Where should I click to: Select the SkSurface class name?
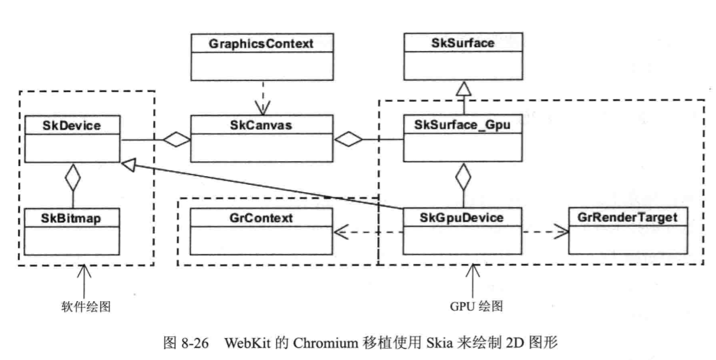click(x=463, y=43)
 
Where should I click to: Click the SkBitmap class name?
click(x=71, y=217)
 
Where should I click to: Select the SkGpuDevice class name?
click(x=463, y=217)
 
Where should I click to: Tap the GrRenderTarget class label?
click(x=627, y=217)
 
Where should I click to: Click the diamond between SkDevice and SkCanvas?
click(x=176, y=140)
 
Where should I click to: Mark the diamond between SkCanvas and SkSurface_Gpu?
click(x=348, y=140)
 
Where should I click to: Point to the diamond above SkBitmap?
click(x=72, y=176)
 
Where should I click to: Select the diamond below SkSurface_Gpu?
click(x=463, y=176)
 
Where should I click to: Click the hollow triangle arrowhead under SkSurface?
click(x=463, y=90)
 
